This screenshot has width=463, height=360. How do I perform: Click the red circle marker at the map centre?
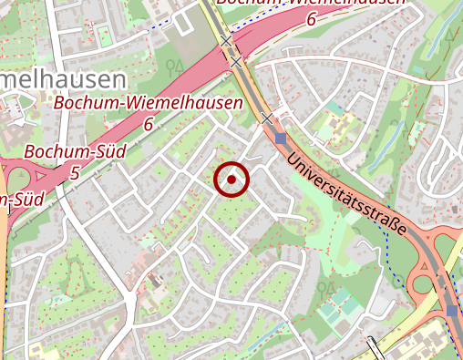(231, 180)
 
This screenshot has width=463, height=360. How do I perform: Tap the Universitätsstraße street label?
(345, 194)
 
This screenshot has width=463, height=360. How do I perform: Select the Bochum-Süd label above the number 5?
(62, 151)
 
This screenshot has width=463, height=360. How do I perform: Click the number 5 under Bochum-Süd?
(75, 171)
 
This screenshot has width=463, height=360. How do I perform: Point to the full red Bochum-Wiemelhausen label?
(149, 103)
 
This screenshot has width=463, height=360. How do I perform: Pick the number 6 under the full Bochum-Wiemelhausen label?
(149, 124)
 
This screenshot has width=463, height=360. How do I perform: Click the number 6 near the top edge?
(312, 18)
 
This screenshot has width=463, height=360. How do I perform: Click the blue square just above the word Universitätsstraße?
(280, 139)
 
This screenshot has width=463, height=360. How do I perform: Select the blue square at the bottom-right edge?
(453, 311)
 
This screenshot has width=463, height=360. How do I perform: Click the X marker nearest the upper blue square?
(266, 118)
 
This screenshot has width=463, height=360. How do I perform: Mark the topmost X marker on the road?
(225, 41)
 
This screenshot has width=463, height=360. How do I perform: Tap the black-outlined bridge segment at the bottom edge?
(375, 350)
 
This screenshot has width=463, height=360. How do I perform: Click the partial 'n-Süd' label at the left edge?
(23, 199)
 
